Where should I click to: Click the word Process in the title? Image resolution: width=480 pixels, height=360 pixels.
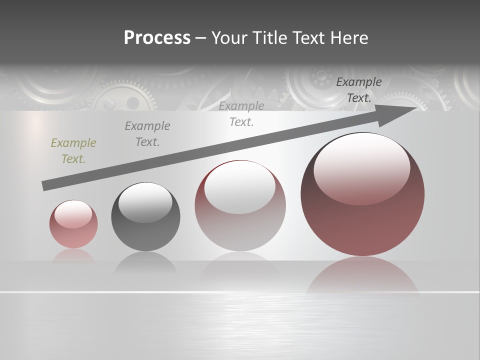point(157,38)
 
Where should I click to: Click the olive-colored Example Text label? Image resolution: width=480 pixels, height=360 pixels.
point(73,151)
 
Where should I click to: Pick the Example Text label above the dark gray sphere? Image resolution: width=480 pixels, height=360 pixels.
point(147,134)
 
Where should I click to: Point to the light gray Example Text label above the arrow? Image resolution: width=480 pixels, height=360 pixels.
point(241,114)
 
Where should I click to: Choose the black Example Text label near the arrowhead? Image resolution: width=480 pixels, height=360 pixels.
point(358,90)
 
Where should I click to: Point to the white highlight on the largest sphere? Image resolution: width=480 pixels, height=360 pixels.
point(361,169)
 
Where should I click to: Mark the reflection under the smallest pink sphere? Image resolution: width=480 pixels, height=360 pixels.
point(73,256)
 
